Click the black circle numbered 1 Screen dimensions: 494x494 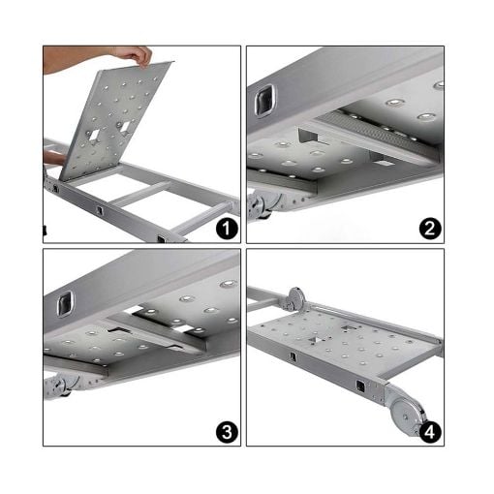pyautogui.click(x=227, y=229)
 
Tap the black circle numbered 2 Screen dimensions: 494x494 pyautogui.click(x=430, y=229)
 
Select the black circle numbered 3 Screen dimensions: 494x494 pyautogui.click(x=227, y=432)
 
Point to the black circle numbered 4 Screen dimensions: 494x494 pyautogui.click(x=430, y=432)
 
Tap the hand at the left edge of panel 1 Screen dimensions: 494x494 pyautogui.click(x=54, y=158)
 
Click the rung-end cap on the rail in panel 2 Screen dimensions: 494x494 pyautogui.click(x=265, y=100)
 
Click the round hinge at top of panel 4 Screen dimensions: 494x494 pyautogui.click(x=296, y=299)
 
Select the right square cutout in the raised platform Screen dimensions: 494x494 pyautogui.click(x=125, y=127)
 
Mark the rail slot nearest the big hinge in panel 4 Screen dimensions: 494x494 pyautogui.click(x=360, y=386)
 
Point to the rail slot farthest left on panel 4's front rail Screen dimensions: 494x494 pyautogui.click(x=293, y=356)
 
